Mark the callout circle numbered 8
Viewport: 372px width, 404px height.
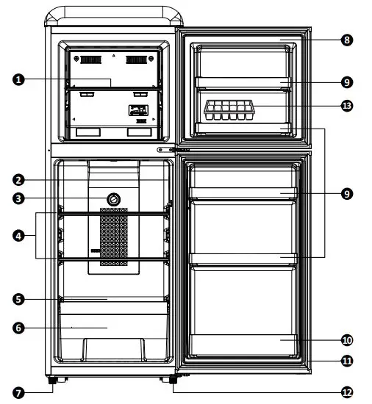click(x=346, y=40)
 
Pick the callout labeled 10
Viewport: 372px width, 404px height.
click(x=346, y=340)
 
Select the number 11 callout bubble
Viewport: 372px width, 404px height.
click(x=346, y=361)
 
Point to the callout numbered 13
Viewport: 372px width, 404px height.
click(x=346, y=106)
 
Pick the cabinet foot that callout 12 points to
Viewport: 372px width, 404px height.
click(x=174, y=380)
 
